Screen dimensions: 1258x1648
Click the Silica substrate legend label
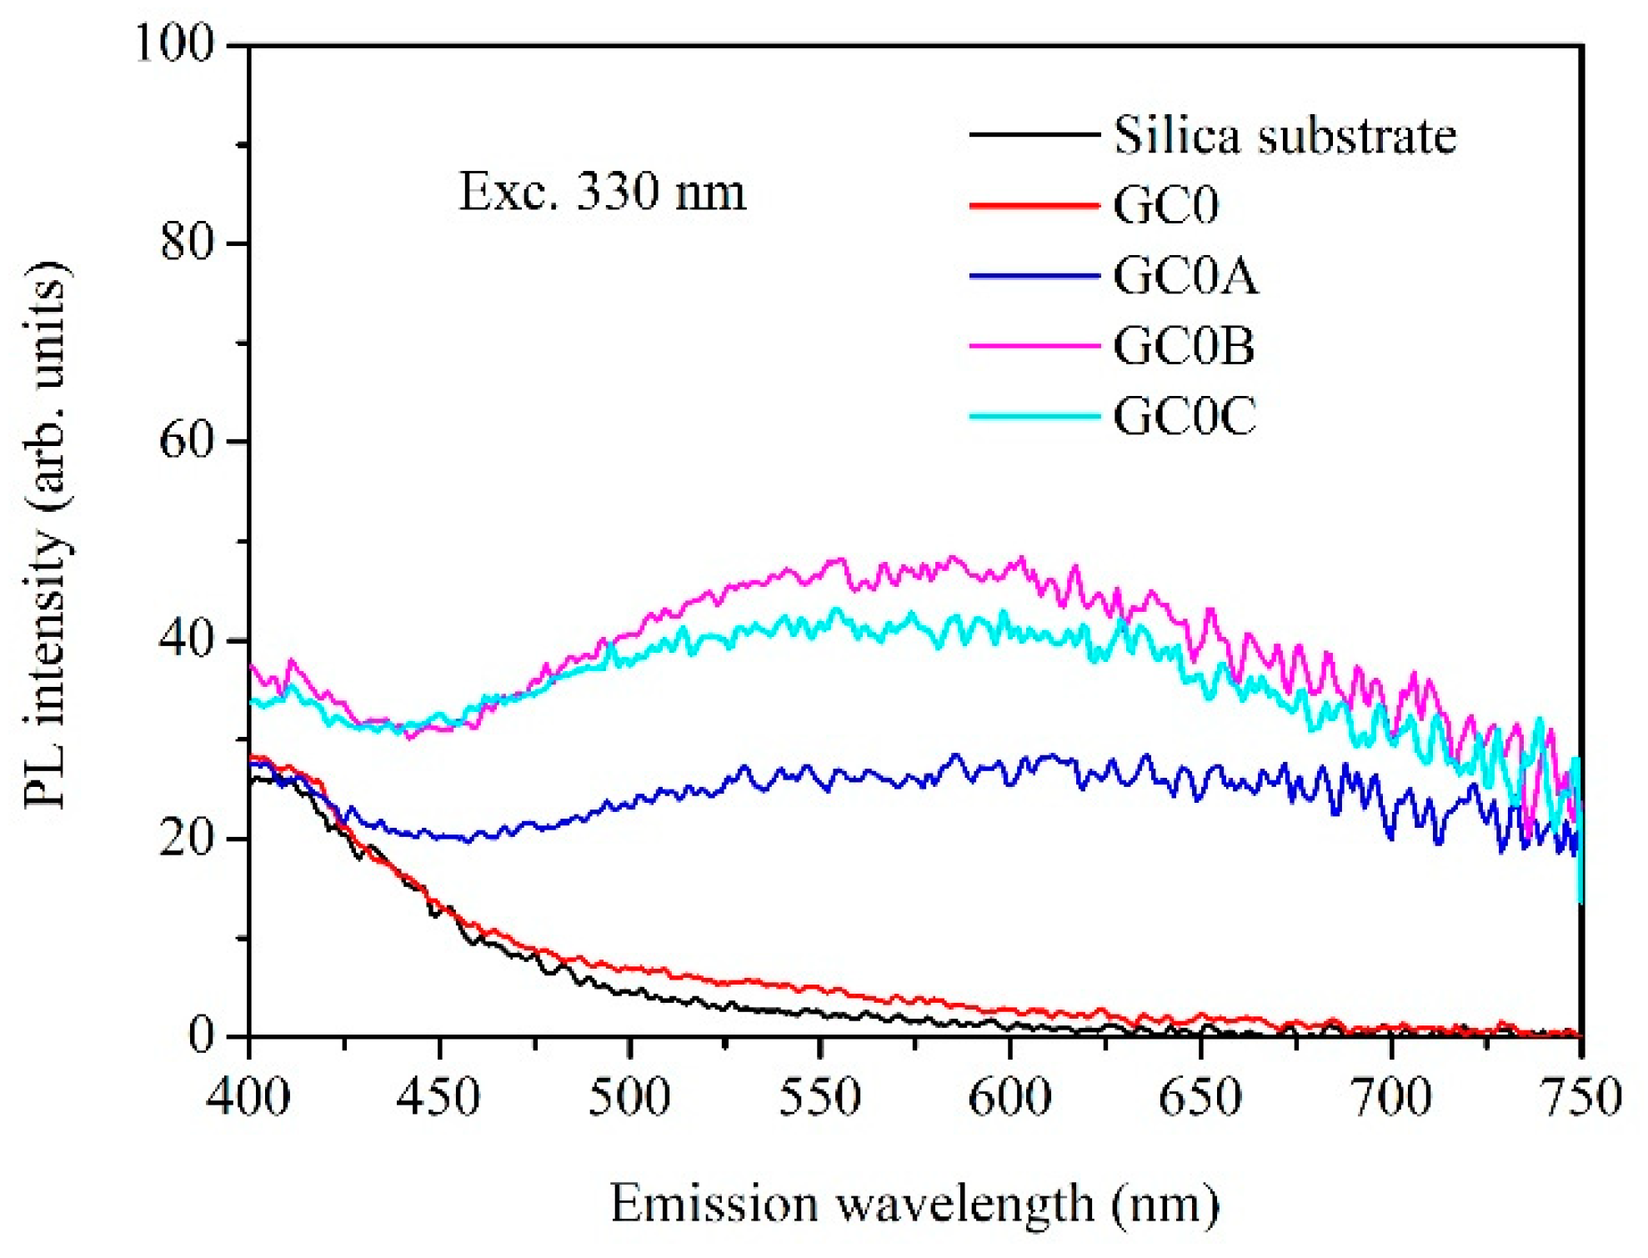[1285, 135]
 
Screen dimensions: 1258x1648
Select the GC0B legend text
[1184, 346]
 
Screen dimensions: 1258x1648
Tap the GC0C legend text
[1185, 416]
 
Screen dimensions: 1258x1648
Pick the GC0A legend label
[1185, 276]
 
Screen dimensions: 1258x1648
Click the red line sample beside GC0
[1034, 205]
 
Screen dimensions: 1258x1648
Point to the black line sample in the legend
[1034, 134]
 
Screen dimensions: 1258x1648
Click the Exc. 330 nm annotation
[602, 192]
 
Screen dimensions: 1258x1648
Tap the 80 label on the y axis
[188, 243]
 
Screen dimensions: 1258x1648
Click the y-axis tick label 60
[188, 440]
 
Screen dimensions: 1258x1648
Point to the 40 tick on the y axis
[188, 639]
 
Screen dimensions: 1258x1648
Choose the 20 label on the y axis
[188, 838]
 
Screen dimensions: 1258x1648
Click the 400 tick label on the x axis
[248, 1097]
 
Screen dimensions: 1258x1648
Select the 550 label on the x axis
[819, 1097]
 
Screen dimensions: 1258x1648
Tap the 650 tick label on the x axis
[1200, 1097]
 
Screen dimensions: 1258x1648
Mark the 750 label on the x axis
[1580, 1097]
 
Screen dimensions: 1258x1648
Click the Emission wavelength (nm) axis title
[914, 1205]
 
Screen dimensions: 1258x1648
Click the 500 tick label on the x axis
[629, 1097]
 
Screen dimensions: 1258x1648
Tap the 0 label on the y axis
[202, 1036]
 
